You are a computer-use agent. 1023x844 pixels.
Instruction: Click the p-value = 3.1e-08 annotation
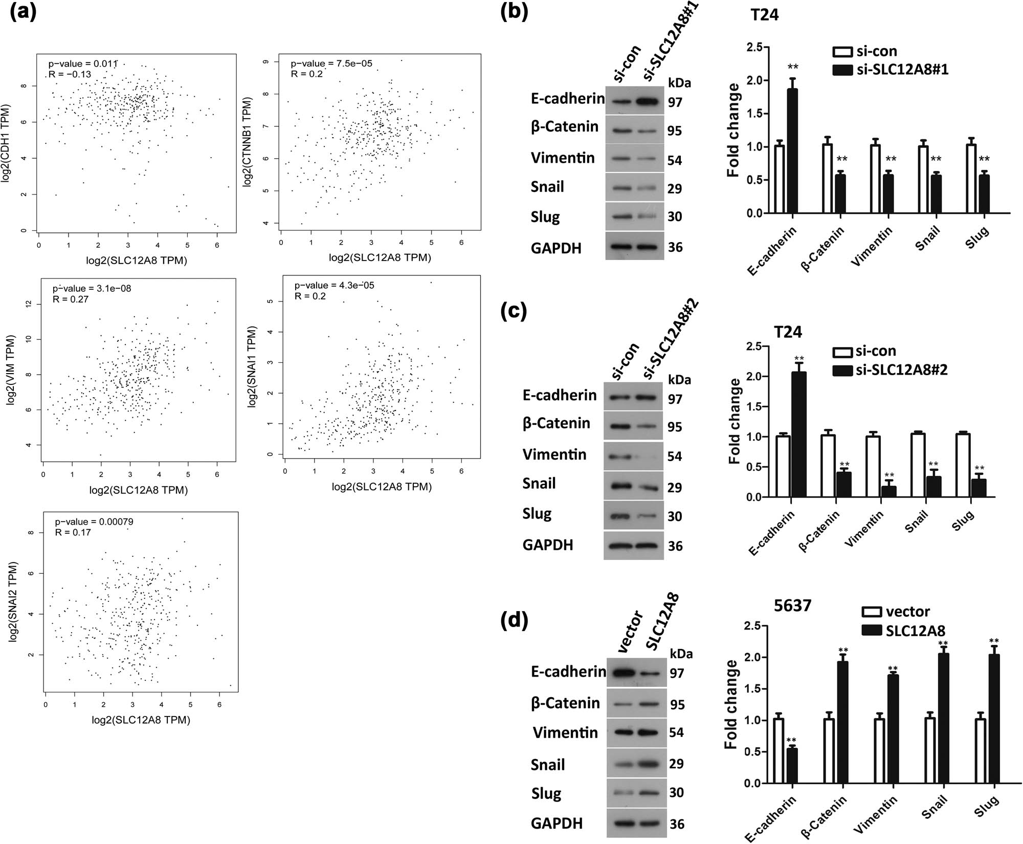92,289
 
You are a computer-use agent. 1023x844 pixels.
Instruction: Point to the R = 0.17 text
73,532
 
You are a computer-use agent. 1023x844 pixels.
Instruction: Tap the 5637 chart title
792,606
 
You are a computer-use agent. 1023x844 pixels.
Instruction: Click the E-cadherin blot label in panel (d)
568,672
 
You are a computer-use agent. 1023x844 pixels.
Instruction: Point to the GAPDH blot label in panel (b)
556,248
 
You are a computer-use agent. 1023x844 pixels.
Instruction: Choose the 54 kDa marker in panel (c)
674,457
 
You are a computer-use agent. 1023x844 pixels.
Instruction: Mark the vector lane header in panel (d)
630,632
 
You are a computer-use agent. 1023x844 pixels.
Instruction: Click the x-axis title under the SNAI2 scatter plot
141,720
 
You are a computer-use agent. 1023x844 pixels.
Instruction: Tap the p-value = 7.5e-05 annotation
331,63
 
